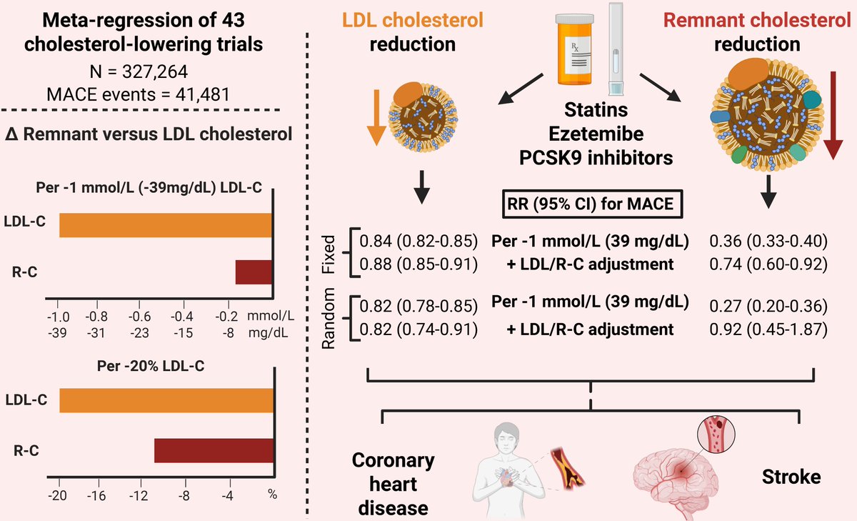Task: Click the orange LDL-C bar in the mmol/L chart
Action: [x=166, y=224]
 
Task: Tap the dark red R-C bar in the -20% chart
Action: [x=214, y=451]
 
